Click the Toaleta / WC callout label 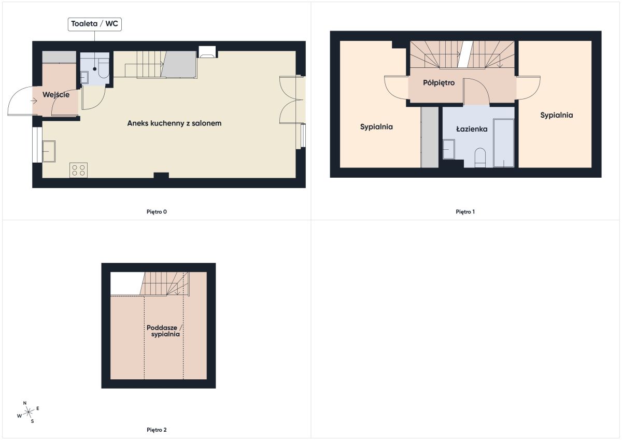click(95, 24)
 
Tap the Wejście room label click(56, 95)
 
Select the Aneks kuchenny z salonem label click(174, 123)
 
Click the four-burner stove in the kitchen click(78, 170)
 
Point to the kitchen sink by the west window click(49, 151)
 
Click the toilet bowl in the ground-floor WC click(104, 68)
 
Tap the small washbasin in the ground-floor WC click(84, 77)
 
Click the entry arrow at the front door click(34, 101)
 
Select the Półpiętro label click(439, 83)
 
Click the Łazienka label click(472, 129)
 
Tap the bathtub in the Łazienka click(503, 143)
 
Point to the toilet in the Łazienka click(480, 158)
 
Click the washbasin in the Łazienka click(448, 149)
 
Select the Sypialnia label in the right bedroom click(557, 115)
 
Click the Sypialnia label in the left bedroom click(376, 127)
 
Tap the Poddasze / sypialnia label click(164, 331)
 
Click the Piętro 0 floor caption click(157, 212)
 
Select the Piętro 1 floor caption click(465, 212)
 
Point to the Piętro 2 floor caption click(157, 430)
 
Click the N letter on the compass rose click(25, 403)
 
